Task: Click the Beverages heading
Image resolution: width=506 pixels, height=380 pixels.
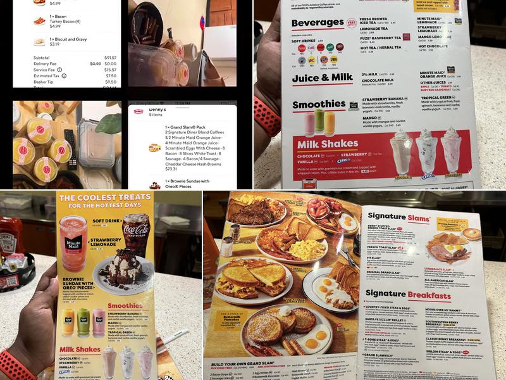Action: [x=318, y=23]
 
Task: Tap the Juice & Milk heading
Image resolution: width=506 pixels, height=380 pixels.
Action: [x=322, y=78]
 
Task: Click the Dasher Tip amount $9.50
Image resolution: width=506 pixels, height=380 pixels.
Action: [x=111, y=82]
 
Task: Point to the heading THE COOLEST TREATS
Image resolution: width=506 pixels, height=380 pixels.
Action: [x=104, y=201]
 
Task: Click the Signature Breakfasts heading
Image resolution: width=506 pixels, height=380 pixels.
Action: [x=408, y=295]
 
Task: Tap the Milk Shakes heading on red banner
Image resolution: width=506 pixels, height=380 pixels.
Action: [x=328, y=144]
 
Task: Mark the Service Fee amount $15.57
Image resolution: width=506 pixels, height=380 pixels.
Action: [x=110, y=70]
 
